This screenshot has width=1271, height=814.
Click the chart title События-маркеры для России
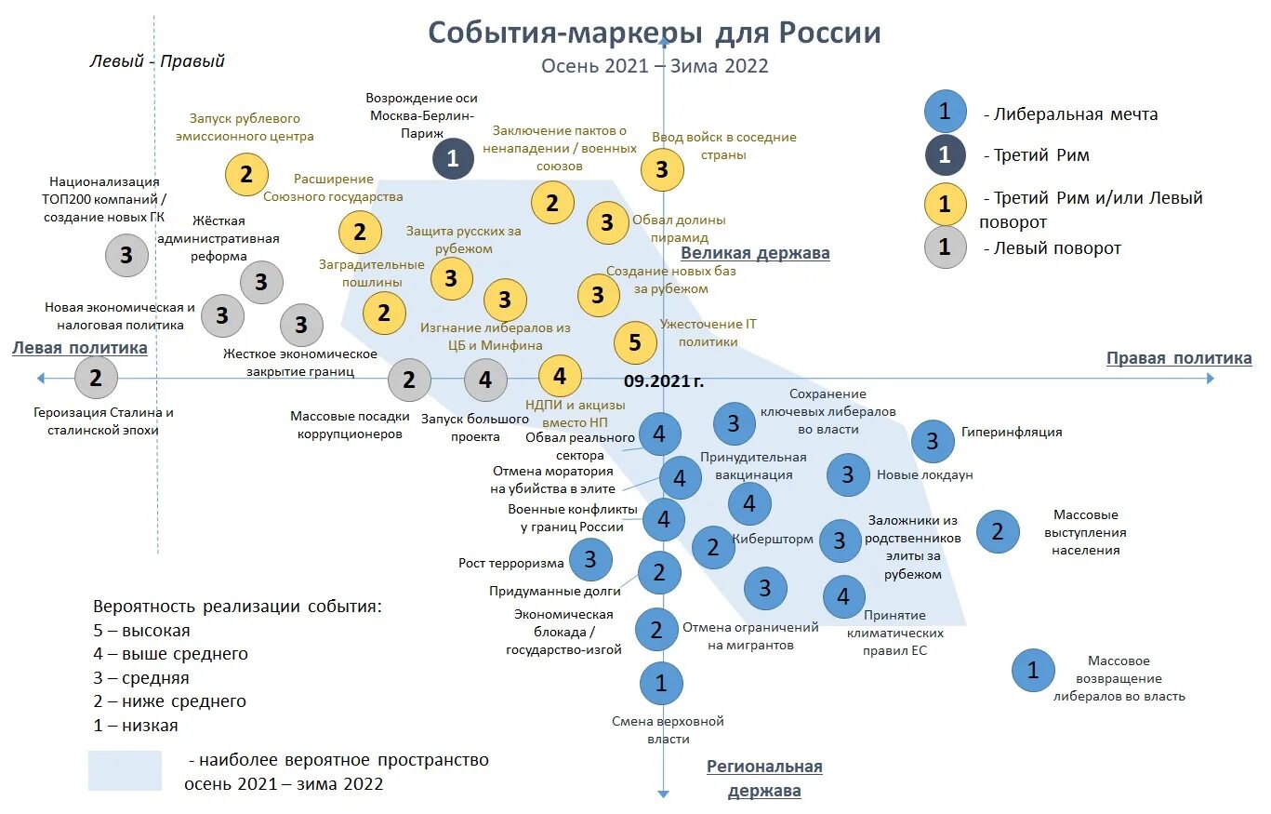[654, 33]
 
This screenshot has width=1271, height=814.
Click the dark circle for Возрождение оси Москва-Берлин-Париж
[453, 158]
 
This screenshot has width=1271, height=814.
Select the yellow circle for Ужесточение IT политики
[635, 342]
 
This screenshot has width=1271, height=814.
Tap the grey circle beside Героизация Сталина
[96, 378]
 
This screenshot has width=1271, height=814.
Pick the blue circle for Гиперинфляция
[933, 441]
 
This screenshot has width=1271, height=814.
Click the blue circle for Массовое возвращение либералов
[1032, 669]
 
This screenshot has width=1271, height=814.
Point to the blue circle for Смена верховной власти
[661, 685]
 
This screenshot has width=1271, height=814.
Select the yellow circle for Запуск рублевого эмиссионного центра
[246, 174]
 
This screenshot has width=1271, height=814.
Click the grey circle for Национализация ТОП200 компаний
[126, 255]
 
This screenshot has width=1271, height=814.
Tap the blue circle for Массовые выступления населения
[998, 531]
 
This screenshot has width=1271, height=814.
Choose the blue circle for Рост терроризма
[589, 559]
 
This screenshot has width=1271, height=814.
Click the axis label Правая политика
[1178, 358]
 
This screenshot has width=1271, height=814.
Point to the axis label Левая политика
[80, 348]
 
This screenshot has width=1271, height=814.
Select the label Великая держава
[755, 253]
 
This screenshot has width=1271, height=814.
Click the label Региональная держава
[763, 779]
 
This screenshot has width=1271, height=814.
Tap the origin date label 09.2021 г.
[663, 380]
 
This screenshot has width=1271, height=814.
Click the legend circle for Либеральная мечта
[945, 112]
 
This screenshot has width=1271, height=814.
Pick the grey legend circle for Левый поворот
[945, 247]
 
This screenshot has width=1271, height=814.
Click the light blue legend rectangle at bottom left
[125, 770]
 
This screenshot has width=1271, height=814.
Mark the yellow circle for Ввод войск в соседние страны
[662, 169]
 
